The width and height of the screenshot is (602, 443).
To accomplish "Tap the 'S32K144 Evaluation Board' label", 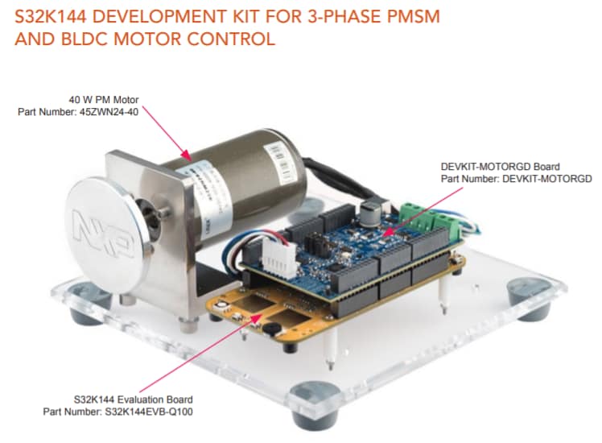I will point(132,400).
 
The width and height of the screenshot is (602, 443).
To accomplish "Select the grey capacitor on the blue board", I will point(371,211).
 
